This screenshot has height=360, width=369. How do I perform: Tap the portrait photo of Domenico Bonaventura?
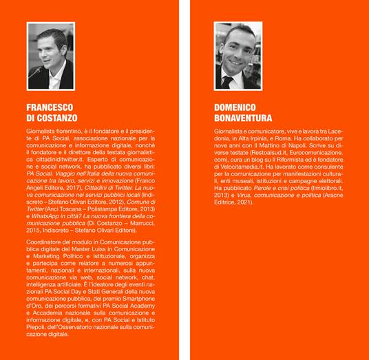(x=238, y=54)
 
